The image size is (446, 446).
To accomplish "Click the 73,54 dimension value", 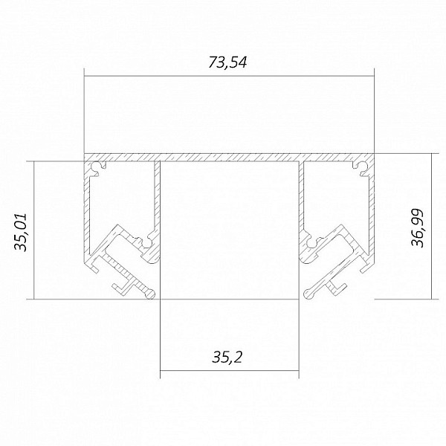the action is (227, 62).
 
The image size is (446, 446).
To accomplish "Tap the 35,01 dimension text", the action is (21, 232).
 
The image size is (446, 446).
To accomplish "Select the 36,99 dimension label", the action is (417, 228).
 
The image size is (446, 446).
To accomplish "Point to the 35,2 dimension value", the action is (227, 358).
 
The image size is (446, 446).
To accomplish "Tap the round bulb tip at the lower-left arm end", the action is (150, 294).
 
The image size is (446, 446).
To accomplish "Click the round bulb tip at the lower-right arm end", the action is (308, 294).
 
